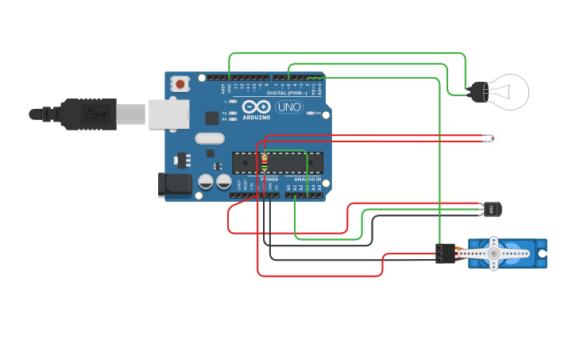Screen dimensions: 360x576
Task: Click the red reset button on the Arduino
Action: (181, 83)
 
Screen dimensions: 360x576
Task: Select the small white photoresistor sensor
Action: (493, 139)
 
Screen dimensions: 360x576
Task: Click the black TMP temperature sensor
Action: (493, 210)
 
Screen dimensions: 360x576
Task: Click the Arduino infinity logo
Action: (257, 107)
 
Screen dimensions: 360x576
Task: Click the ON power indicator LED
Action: (313, 114)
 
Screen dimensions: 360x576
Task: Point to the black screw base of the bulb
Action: (476, 91)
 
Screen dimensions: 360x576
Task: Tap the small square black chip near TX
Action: (212, 118)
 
